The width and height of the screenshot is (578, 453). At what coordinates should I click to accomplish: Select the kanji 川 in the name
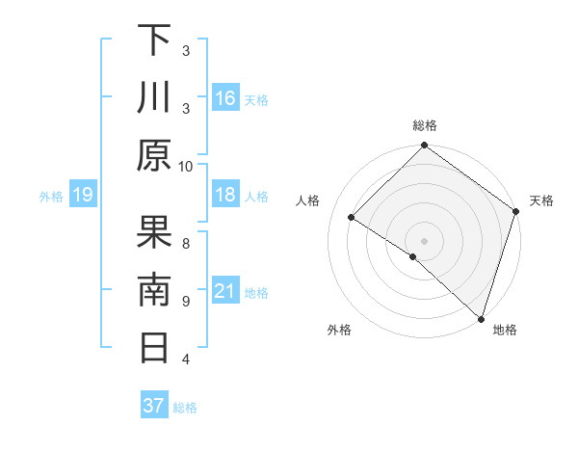[154, 97]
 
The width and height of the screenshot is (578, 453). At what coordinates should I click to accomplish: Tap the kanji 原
[154, 155]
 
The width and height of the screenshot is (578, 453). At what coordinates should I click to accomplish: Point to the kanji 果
[154, 232]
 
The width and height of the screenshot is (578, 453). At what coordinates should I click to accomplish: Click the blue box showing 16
[225, 97]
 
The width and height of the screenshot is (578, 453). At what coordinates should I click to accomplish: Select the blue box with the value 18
[225, 195]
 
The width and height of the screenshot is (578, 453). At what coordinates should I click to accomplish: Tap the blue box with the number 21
[225, 291]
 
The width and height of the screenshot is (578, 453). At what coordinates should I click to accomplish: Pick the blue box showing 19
[82, 195]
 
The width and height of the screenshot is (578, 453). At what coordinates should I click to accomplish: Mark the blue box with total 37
[153, 406]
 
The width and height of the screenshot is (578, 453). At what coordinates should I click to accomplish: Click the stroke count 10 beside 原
[186, 166]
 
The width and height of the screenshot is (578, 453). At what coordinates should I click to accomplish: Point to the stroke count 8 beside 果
[186, 243]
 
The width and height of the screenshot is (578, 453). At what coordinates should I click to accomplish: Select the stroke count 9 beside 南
[186, 301]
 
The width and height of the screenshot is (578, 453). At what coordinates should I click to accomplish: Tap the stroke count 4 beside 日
[186, 359]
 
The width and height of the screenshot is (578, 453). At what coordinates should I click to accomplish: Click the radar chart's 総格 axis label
[425, 125]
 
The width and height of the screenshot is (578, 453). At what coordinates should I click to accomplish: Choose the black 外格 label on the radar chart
[339, 330]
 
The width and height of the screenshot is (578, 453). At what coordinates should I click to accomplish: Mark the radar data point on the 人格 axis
[352, 218]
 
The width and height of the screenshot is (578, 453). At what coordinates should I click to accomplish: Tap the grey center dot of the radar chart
[424, 239]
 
